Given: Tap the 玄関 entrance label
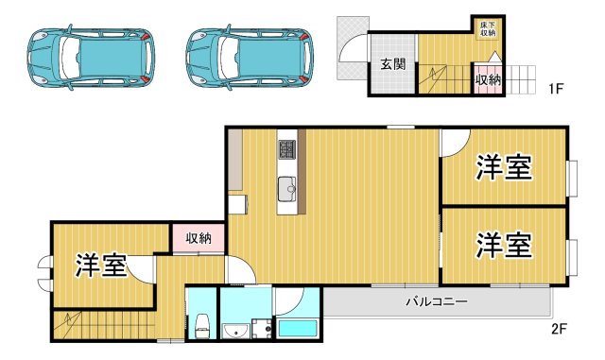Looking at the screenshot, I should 393,65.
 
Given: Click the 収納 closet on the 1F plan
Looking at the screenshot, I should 488,81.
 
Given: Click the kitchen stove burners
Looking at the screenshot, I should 287,150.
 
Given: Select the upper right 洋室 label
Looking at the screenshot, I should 503,168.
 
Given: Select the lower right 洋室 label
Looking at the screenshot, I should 503,245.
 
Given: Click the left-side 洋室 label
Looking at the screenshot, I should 101,266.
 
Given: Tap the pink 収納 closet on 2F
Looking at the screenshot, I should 199,238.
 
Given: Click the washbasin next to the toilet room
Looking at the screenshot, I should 235,330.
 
